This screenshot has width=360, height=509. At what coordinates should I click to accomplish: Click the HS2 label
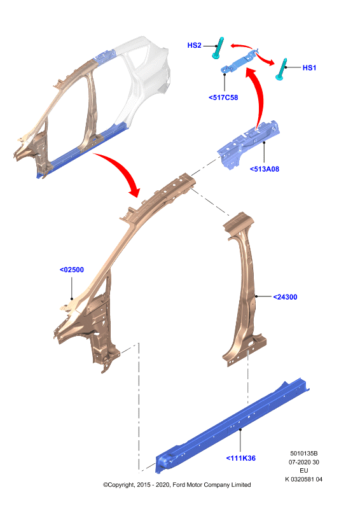coord(194,45)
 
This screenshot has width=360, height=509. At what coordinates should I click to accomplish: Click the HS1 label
coord(309,67)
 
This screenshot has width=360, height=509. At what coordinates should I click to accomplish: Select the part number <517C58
coord(223,97)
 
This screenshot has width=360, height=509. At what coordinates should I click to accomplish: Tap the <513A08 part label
coord(264,169)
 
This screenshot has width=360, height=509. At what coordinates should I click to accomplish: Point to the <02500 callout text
coord(72,270)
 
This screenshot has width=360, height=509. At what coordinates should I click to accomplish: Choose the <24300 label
coord(285,296)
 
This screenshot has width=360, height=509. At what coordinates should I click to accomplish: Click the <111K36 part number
coord(240,458)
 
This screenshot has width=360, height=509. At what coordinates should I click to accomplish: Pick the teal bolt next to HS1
coord(281,69)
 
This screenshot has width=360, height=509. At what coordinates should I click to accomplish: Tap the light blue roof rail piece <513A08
coord(249,144)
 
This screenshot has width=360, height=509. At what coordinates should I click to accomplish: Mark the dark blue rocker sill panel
coord(232,424)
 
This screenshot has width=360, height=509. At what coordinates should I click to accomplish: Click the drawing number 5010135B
coord(304,453)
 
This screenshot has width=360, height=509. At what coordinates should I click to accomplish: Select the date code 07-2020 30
coord(304,462)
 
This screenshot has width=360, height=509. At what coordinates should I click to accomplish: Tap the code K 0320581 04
coord(304,479)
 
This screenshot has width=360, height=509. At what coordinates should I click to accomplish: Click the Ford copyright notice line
coord(177,485)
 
